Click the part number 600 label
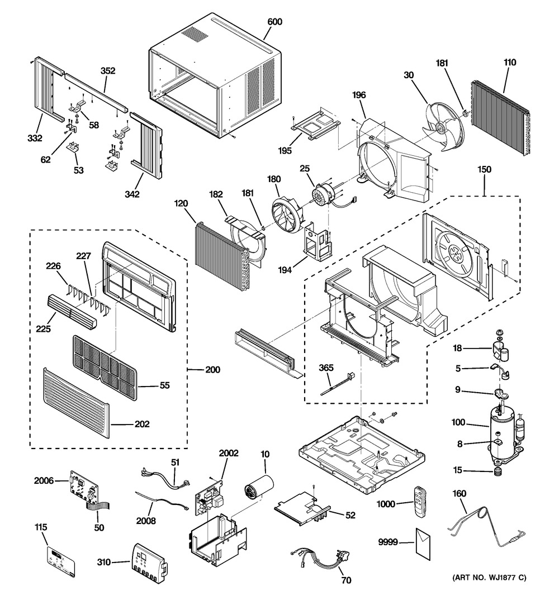click(274, 22)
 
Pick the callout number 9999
click(388, 542)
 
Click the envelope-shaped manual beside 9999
click(423, 544)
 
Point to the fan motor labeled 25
click(324, 195)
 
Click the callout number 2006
click(44, 481)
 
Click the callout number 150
click(484, 169)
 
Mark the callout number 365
click(326, 368)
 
